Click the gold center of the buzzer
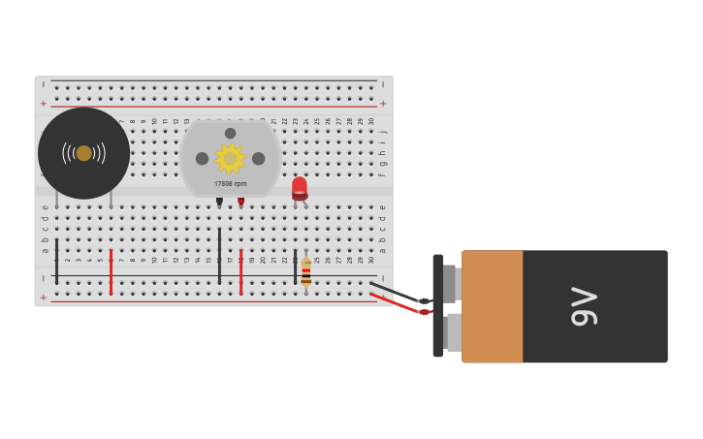pyautogui.click(x=84, y=153)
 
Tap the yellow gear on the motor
pyautogui.click(x=230, y=158)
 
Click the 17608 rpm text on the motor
pyautogui.click(x=231, y=183)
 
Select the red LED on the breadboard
pyautogui.click(x=300, y=186)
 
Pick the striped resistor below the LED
pyautogui.click(x=306, y=272)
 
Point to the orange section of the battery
pyautogui.click(x=492, y=306)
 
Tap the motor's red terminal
pyautogui.click(x=241, y=201)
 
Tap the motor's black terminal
pyautogui.click(x=219, y=201)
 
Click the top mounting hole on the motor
pyautogui.click(x=230, y=134)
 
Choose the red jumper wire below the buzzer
pyautogui.click(x=111, y=272)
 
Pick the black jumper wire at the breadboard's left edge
pyautogui.click(x=56, y=262)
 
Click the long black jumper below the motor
pyautogui.click(x=219, y=256)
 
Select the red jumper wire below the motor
pyautogui.click(x=240, y=272)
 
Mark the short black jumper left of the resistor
pyautogui.click(x=295, y=267)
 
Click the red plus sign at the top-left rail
pyautogui.click(x=43, y=104)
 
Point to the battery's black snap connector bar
pyautogui.click(x=438, y=306)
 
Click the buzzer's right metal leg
pyautogui.click(x=111, y=198)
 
